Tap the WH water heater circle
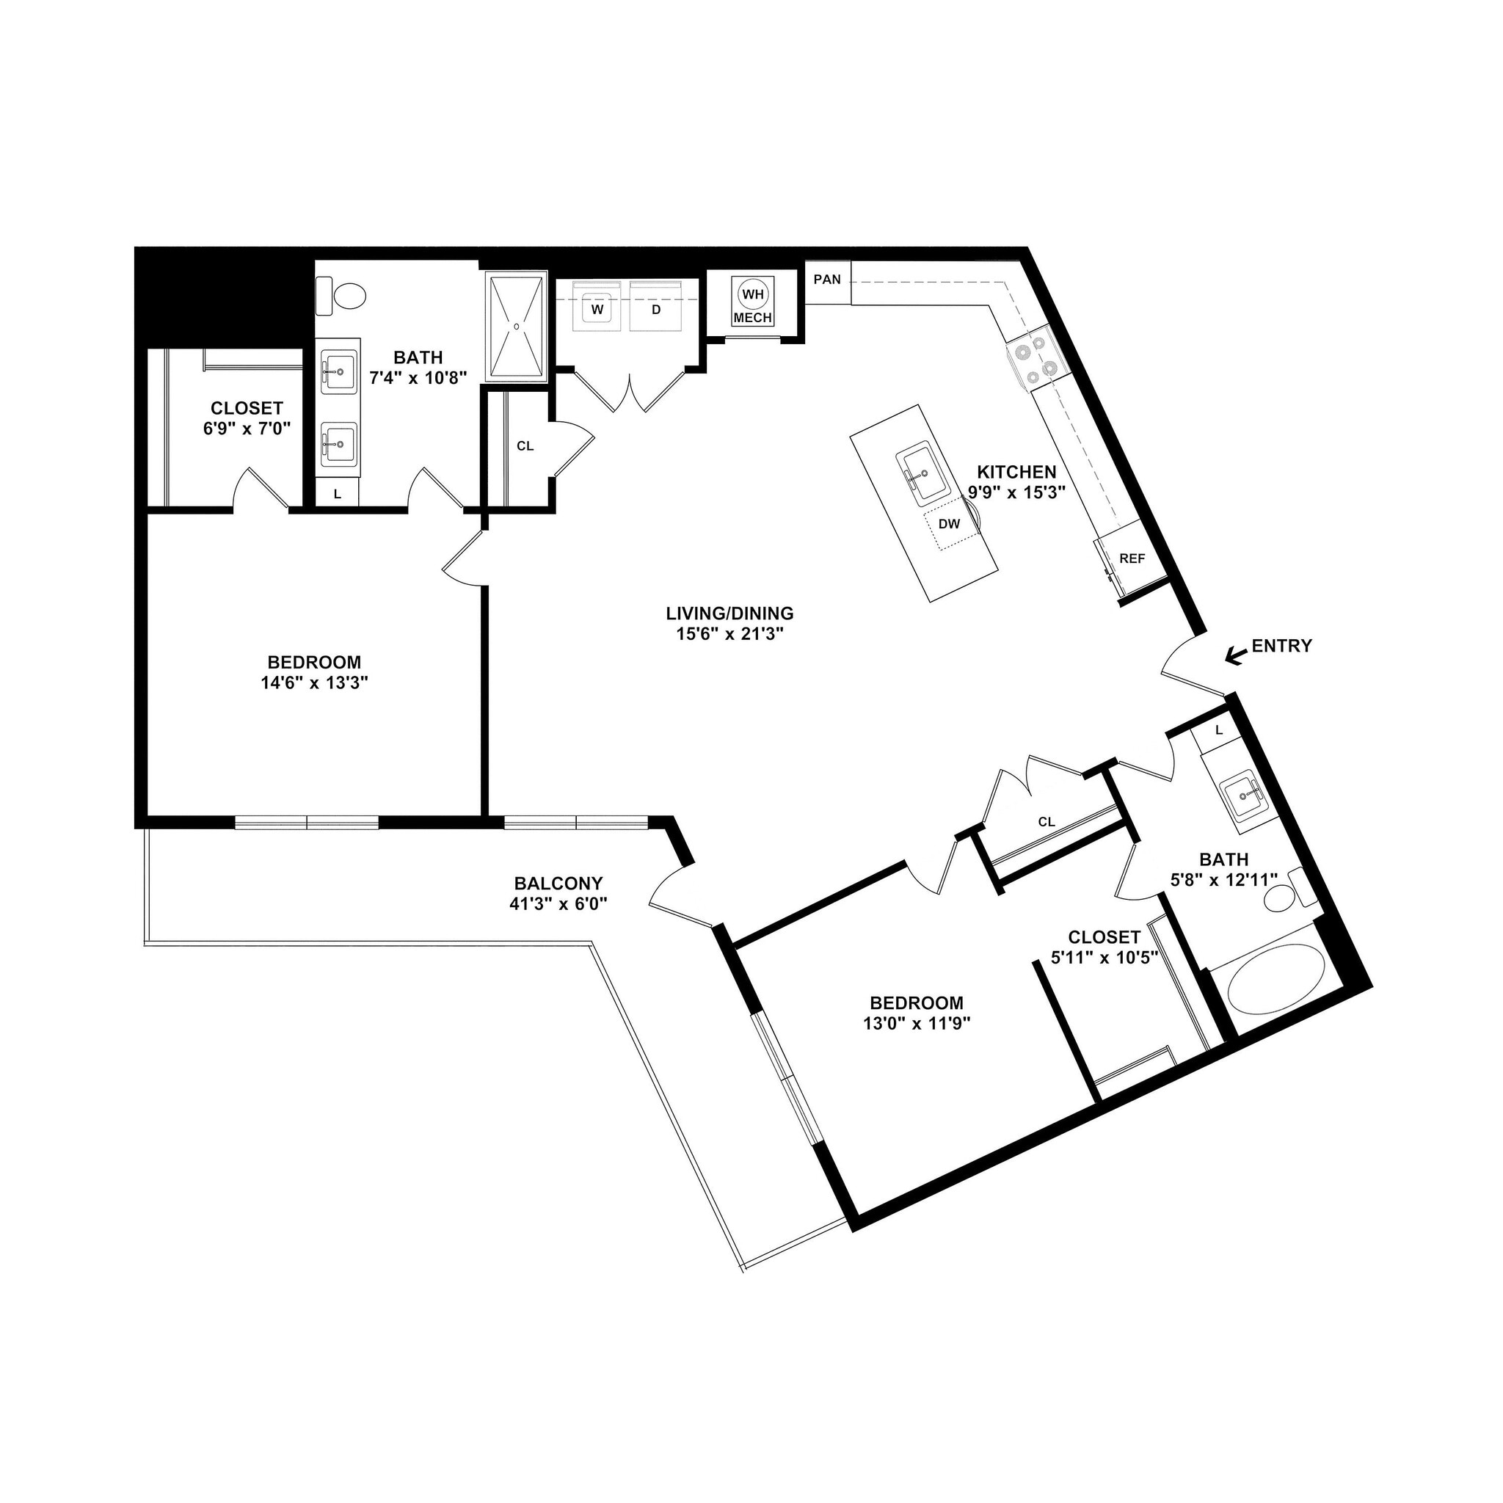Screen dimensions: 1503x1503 (x=752, y=294)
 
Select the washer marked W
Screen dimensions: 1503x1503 (x=597, y=309)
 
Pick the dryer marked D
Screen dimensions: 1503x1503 (x=656, y=309)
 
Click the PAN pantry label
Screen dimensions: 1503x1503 (x=827, y=280)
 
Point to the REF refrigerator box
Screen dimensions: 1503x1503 (x=1132, y=558)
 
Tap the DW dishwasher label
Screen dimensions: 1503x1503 (x=949, y=524)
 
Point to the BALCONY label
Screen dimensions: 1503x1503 (x=558, y=883)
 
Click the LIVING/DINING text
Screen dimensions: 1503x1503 (x=729, y=613)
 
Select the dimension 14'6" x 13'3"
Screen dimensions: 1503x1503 (x=314, y=683)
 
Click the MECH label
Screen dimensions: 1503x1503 (x=752, y=319)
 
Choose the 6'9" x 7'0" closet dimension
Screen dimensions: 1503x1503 (x=247, y=428)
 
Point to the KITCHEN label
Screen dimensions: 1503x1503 (x=1016, y=471)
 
